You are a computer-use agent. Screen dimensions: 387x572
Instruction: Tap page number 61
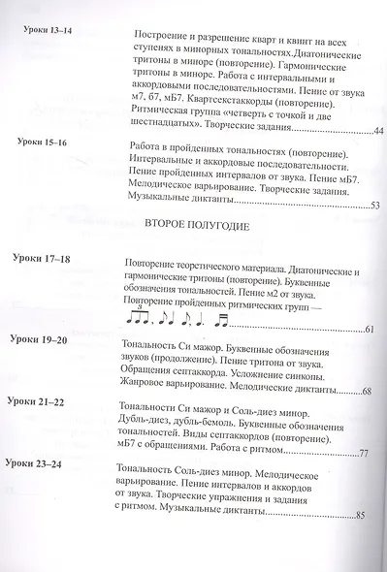(371, 331)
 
